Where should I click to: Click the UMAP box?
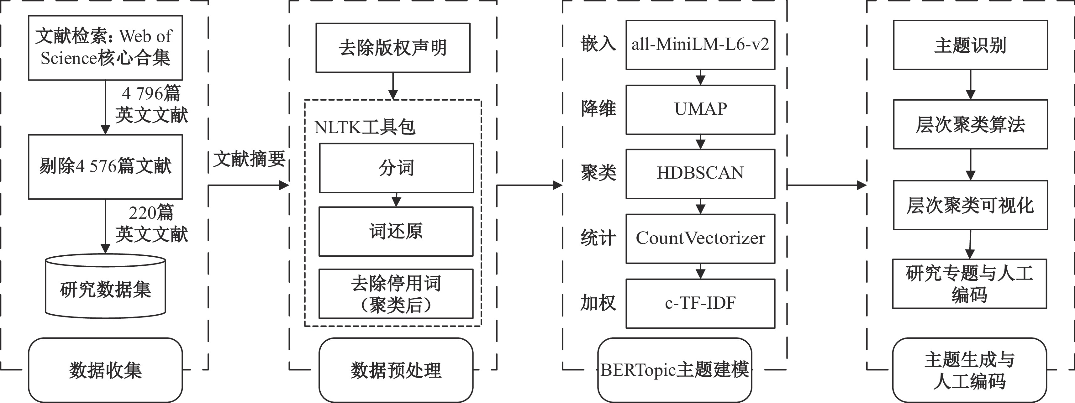coord(700,110)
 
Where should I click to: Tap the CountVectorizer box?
coord(700,238)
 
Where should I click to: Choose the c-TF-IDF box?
coord(700,304)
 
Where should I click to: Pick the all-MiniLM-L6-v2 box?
coord(700,44)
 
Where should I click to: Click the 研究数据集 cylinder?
coord(106,286)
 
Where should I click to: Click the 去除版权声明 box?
coord(393,48)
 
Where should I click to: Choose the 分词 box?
coord(397,168)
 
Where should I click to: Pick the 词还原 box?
coord(396,231)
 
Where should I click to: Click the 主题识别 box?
coord(970,44)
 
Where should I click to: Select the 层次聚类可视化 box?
coord(970,205)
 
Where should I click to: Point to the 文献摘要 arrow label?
coord(249,159)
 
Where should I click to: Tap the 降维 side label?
coord(598,109)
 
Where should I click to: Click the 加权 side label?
coord(598,303)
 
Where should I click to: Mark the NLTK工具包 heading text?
coord(365,127)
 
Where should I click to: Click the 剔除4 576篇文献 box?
coord(106,166)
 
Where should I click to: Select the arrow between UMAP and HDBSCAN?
coord(701,142)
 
